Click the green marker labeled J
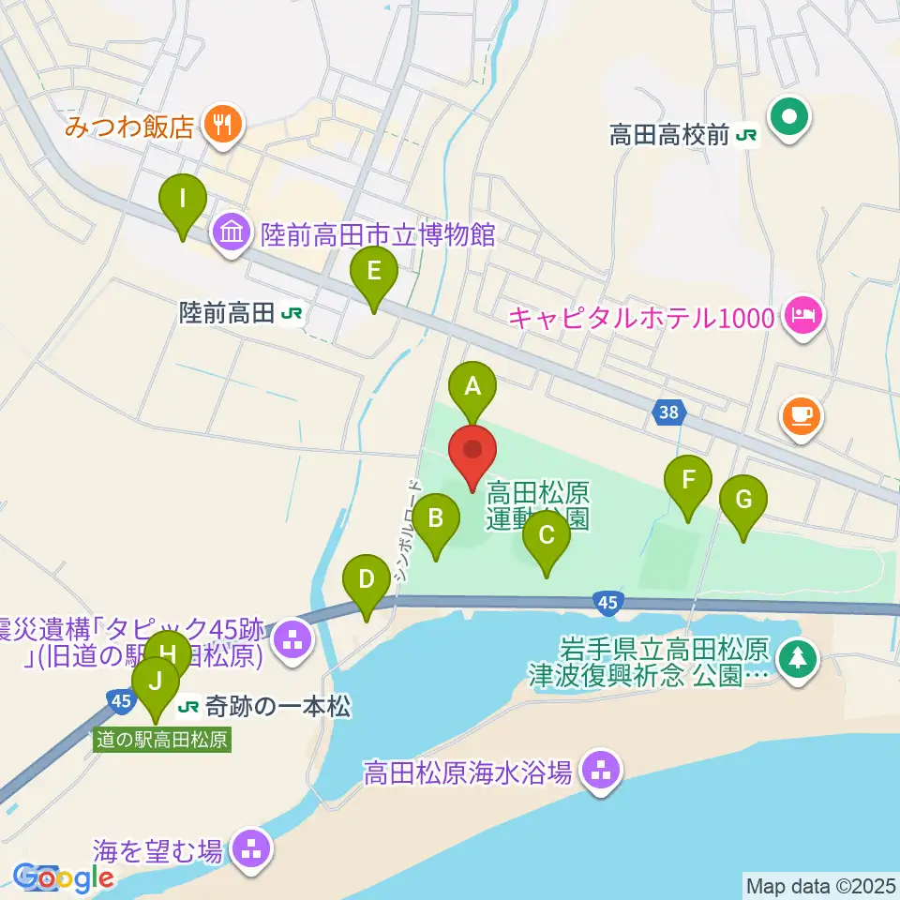pos(156,682)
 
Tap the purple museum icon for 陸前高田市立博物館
pos(232,232)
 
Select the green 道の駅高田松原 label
pos(162,739)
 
